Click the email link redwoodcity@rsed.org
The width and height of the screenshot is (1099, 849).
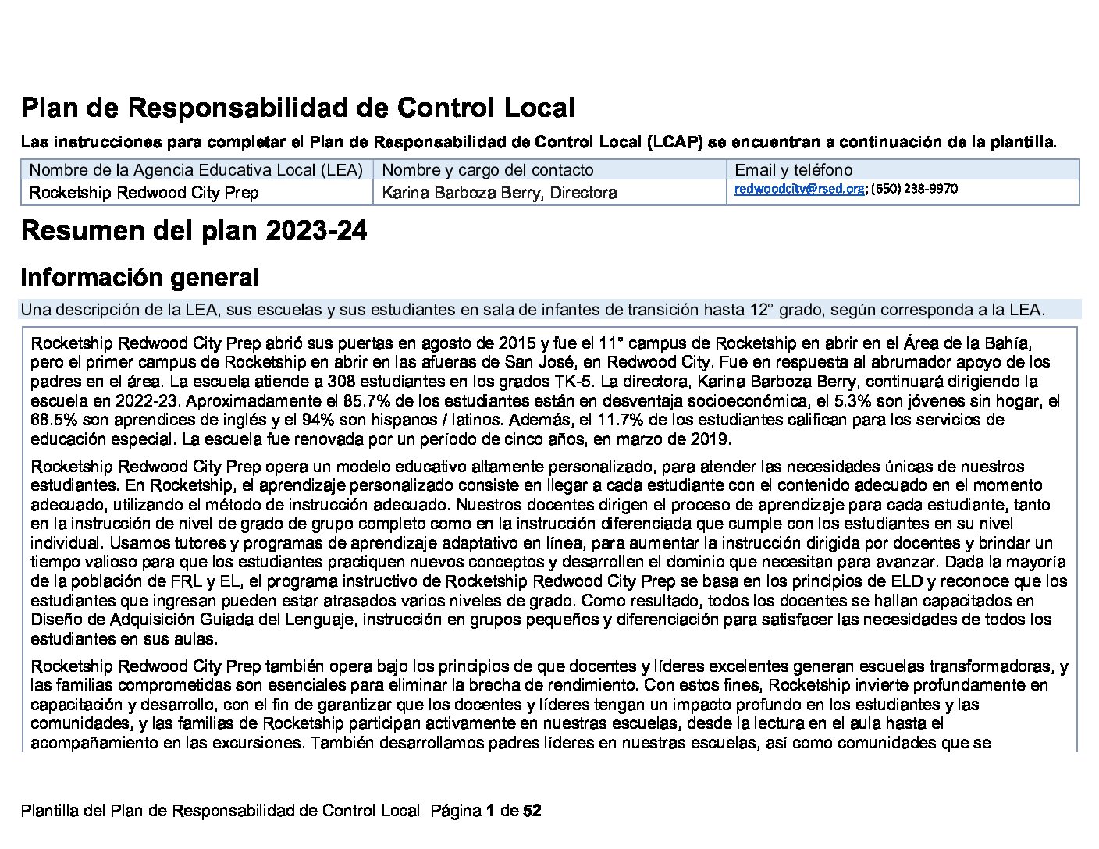click(798, 189)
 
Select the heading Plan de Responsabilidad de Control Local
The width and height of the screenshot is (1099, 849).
click(298, 108)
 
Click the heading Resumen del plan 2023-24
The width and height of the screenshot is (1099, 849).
click(194, 231)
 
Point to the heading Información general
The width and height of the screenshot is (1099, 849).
click(140, 278)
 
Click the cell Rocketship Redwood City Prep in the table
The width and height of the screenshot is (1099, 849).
click(144, 193)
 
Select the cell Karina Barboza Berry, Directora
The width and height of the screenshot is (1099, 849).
click(500, 193)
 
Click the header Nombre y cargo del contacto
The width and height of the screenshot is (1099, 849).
click(488, 170)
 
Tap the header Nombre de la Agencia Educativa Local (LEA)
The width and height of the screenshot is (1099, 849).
click(196, 170)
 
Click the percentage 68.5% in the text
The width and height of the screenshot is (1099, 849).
click(54, 420)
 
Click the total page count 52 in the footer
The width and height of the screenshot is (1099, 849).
click(532, 811)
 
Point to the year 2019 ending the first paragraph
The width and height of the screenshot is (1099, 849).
click(710, 439)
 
